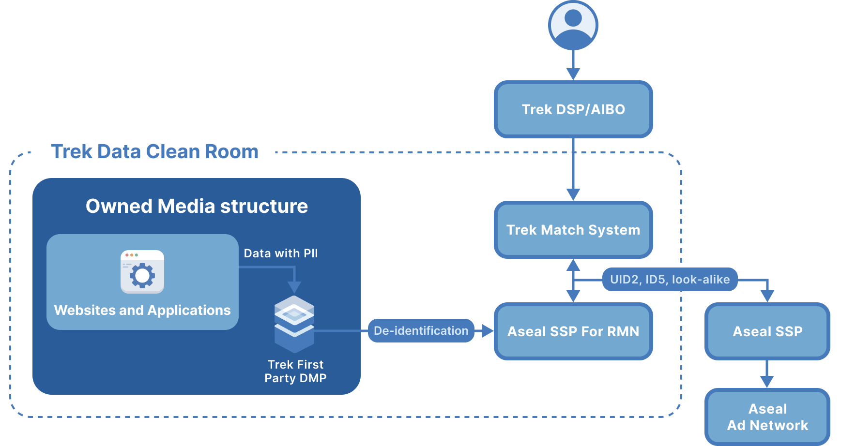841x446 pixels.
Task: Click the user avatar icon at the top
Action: point(573,25)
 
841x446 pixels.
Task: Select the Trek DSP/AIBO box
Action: point(573,109)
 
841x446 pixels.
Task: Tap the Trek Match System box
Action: point(573,230)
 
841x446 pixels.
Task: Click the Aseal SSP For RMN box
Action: point(573,331)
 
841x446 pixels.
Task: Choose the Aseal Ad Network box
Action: point(767,417)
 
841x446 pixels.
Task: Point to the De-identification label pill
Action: point(421,331)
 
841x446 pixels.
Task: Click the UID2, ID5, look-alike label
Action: point(670,280)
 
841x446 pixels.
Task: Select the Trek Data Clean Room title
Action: point(154,152)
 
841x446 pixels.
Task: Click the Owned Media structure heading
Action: point(197,206)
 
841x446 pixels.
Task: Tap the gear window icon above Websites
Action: point(142,272)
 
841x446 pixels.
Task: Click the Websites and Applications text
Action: point(142,310)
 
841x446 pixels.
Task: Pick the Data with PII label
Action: point(281,253)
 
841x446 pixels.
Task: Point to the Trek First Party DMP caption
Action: point(295,371)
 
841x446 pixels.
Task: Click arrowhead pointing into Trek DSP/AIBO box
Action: point(573,74)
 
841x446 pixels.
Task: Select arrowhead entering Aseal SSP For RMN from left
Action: point(487,331)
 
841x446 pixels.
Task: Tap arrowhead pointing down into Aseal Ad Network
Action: point(767,382)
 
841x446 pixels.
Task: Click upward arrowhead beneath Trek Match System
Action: point(573,265)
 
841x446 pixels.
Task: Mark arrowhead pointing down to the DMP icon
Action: point(294,287)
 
